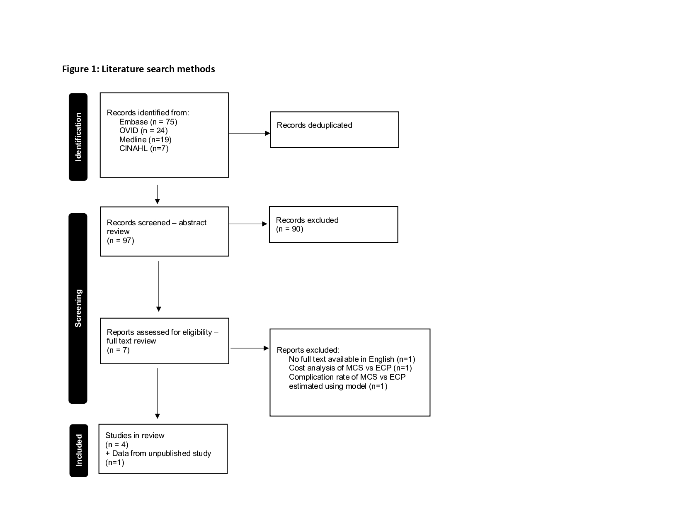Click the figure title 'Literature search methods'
pyautogui.click(x=158, y=69)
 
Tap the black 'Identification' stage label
pyautogui.click(x=78, y=137)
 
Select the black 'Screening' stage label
pyautogui.click(x=78, y=308)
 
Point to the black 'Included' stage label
pyautogui.click(x=79, y=450)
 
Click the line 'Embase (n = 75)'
pyautogui.click(x=148, y=122)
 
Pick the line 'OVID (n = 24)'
pyautogui.click(x=143, y=131)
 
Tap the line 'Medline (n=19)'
pyautogui.click(x=145, y=139)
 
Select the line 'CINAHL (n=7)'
pyautogui.click(x=144, y=149)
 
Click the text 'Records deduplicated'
pyautogui.click(x=315, y=125)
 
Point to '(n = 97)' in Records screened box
pyautogui.click(x=121, y=240)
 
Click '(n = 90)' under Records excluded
pyautogui.click(x=290, y=229)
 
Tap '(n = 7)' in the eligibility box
pyautogui.click(x=118, y=350)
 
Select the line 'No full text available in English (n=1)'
pyautogui.click(x=352, y=359)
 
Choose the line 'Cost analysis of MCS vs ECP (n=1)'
pyautogui.click(x=350, y=368)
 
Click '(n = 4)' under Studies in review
pyautogui.click(x=117, y=444)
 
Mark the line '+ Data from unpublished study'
pyautogui.click(x=158, y=453)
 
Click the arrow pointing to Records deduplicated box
pyautogui.click(x=250, y=133)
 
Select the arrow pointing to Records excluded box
pyautogui.click(x=248, y=224)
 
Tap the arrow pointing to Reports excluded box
pyautogui.click(x=250, y=348)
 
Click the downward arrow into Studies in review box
pyautogui.click(x=158, y=393)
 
